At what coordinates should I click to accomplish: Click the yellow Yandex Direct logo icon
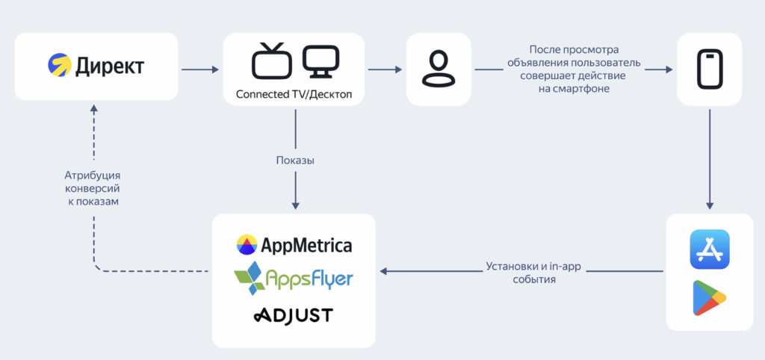[59, 66]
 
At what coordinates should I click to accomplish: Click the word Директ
[109, 66]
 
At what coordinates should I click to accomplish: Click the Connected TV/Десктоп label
[294, 95]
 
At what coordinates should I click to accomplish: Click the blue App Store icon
[709, 249]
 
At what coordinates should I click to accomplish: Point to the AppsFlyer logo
[294, 278]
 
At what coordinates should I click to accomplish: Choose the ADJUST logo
[293, 315]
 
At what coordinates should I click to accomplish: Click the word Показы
[295, 161]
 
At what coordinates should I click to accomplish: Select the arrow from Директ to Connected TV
[199, 70]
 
